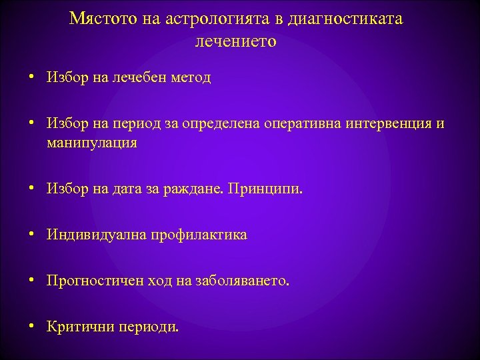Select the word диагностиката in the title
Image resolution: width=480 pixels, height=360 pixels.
pyautogui.click(x=346, y=19)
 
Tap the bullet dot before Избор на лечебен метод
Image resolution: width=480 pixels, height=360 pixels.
pyautogui.click(x=31, y=78)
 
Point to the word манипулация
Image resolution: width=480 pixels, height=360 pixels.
pyautogui.click(x=92, y=143)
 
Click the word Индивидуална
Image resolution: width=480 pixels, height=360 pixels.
pyautogui.click(x=92, y=235)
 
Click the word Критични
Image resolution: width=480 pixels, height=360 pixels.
pyautogui.click(x=80, y=327)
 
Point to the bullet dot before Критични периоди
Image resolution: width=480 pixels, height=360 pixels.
pyautogui.click(x=31, y=327)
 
